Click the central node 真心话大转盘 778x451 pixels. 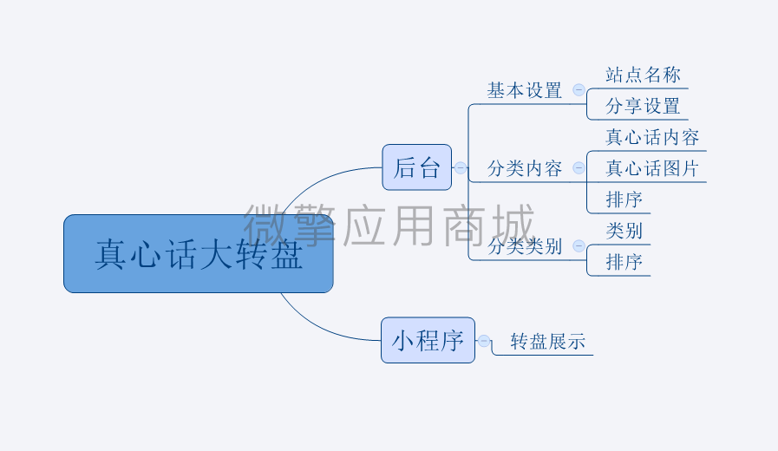[x=199, y=253]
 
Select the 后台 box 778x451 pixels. [x=417, y=167]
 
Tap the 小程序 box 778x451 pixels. [x=428, y=340]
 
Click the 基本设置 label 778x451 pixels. [x=525, y=91]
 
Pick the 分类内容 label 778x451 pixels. [x=525, y=168]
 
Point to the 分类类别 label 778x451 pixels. [x=525, y=246]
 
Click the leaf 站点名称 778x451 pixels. [x=643, y=75]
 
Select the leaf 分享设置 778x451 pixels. [x=643, y=106]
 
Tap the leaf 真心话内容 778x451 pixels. [x=652, y=137]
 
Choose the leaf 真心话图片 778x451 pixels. [x=652, y=168]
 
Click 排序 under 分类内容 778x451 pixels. [x=624, y=200]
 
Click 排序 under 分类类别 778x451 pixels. [x=624, y=262]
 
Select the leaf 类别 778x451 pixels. [x=624, y=231]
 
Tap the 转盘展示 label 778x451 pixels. [x=548, y=342]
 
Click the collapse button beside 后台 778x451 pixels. [x=461, y=167]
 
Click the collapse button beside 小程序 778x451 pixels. [x=484, y=341]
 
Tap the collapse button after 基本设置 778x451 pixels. [x=579, y=90]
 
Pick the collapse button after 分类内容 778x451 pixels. [x=579, y=167]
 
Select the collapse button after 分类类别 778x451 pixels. [x=579, y=245]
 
